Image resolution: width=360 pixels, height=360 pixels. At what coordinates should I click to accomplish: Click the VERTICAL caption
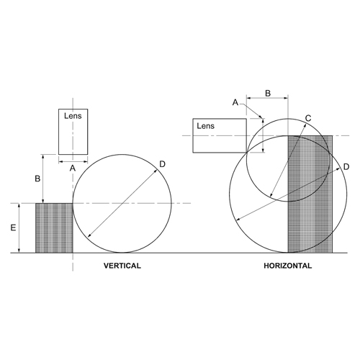coord(122,266)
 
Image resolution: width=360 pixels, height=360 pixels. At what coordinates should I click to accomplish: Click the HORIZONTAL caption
coord(288,266)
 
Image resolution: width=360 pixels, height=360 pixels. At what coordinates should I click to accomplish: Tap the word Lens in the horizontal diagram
coord(206,126)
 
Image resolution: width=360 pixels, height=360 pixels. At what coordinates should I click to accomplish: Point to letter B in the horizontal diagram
coord(268,93)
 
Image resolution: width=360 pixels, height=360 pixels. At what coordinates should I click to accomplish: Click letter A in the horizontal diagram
coord(235,103)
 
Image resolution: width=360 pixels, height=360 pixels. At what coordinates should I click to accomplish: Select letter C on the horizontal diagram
coord(307,118)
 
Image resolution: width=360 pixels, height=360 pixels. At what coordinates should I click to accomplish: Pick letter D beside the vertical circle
coord(162,165)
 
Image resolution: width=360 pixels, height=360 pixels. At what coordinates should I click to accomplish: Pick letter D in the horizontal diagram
coord(346,167)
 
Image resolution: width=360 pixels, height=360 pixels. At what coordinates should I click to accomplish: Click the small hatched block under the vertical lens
coord(54,228)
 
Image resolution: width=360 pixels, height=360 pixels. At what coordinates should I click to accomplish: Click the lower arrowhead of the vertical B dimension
coord(45,201)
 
